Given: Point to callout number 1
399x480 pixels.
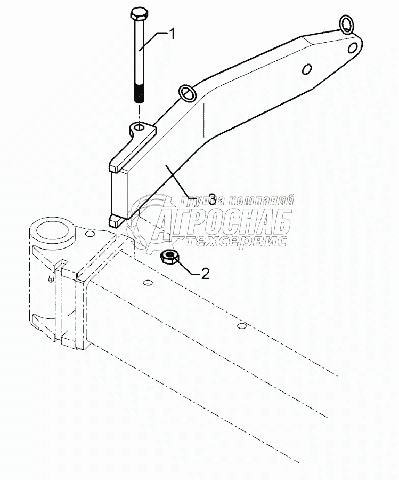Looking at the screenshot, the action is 172,34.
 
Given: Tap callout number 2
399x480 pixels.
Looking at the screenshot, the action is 205,274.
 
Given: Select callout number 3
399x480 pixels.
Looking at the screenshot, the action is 211,200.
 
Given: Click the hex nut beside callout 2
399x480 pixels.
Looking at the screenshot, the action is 170,258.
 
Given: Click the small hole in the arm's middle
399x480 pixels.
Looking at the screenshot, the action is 307,70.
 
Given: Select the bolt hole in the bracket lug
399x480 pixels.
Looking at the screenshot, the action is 139,127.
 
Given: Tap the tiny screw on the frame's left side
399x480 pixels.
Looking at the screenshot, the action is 50,278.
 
